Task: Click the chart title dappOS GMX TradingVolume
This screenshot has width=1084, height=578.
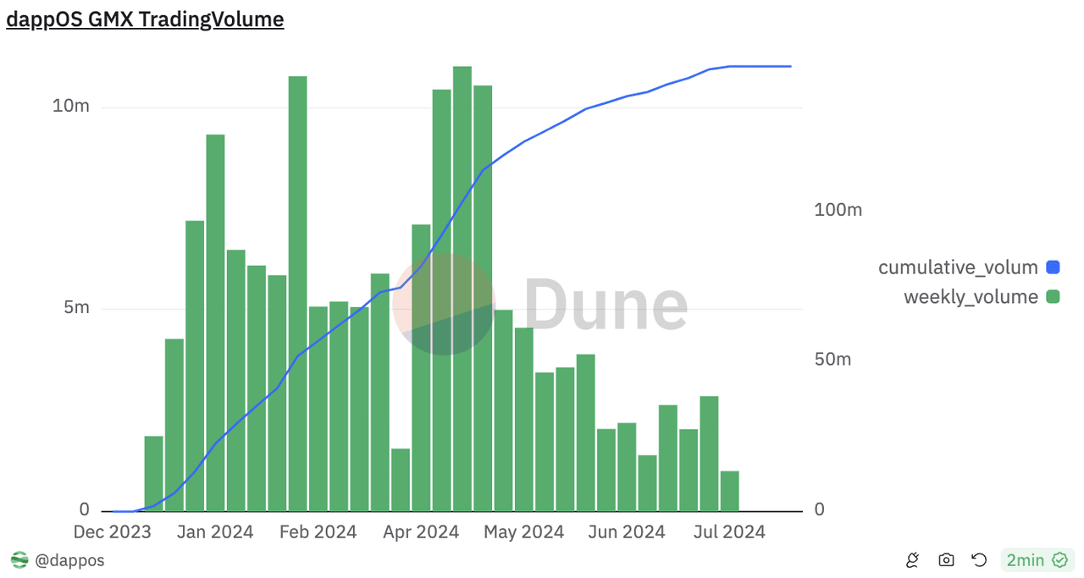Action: click(145, 19)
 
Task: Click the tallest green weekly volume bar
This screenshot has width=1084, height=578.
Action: click(462, 288)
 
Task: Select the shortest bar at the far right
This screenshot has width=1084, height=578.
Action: click(729, 491)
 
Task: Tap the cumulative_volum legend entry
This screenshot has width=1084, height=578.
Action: click(958, 267)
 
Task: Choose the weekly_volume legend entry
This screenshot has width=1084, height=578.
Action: click(971, 297)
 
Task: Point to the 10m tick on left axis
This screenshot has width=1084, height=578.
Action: click(70, 107)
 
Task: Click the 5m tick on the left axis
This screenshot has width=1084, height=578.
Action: click(76, 308)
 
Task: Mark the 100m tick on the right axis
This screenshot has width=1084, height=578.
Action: click(838, 209)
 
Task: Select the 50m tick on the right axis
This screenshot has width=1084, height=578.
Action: click(832, 359)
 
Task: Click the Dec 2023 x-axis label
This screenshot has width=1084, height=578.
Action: click(112, 532)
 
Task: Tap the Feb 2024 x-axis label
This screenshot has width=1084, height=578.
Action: click(318, 532)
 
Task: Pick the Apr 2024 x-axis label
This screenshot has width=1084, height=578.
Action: click(420, 532)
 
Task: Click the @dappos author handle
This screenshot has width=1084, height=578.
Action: click(69, 559)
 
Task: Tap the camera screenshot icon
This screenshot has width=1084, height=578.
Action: click(946, 559)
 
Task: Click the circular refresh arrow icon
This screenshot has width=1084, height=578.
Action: click(979, 559)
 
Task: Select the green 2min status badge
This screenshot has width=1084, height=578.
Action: click(1036, 559)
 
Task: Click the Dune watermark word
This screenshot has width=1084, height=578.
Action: click(606, 305)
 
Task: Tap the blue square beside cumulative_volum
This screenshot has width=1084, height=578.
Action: click(1053, 267)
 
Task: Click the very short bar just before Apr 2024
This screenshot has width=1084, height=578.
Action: click(401, 480)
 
